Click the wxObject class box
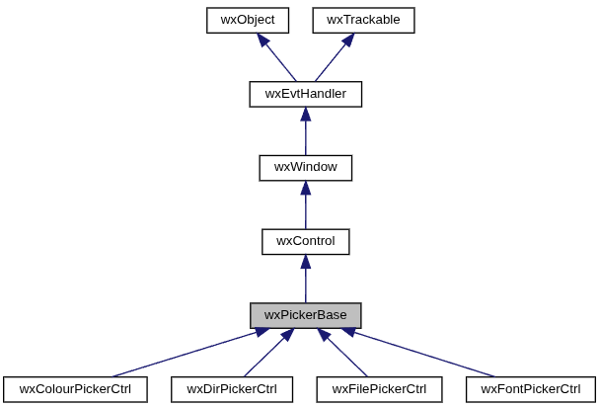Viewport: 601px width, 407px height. [248, 20]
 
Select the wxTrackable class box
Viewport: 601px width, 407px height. [363, 20]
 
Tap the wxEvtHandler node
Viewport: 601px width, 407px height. [305, 94]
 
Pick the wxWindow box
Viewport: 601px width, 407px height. [305, 167]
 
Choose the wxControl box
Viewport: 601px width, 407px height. [305, 241]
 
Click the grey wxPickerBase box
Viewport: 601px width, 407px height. [305, 315]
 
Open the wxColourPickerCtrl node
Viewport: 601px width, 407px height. [75, 389]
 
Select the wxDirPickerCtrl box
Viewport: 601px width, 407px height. [232, 389]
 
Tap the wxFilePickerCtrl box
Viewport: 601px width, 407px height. [379, 389]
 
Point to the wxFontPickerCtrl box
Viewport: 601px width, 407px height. [531, 389]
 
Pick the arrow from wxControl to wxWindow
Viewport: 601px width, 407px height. [305, 205]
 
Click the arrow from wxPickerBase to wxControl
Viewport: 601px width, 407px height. [305, 280]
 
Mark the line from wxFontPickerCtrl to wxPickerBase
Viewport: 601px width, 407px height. [419, 353]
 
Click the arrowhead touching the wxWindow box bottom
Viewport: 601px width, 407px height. [305, 189]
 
